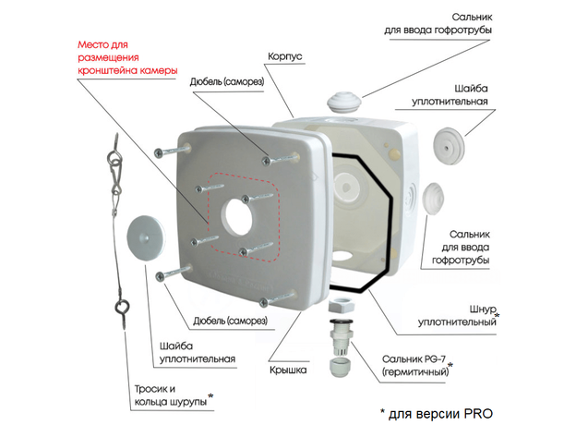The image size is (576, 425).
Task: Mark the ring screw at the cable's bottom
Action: coord(122,308)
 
